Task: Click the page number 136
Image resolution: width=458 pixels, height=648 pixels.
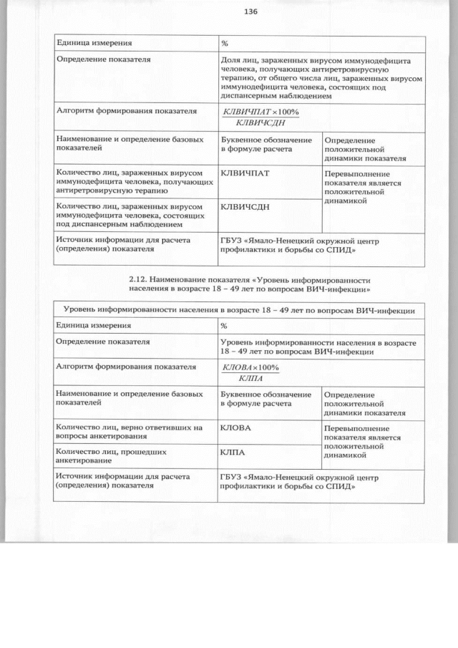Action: click(250, 11)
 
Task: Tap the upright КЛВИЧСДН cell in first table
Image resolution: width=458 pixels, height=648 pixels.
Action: click(245, 208)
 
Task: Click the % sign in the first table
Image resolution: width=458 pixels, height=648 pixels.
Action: click(225, 44)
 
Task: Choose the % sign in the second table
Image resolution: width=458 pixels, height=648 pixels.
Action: click(225, 326)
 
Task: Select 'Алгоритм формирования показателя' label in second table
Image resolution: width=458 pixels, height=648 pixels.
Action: click(126, 367)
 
